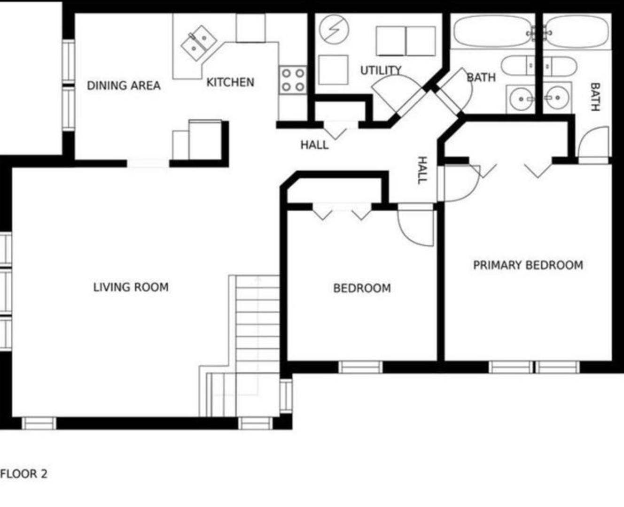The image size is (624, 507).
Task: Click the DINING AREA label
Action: (x=124, y=85)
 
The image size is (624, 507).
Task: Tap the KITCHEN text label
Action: (x=230, y=82)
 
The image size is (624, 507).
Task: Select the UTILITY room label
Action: (x=381, y=70)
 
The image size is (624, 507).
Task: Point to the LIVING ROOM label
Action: (x=131, y=287)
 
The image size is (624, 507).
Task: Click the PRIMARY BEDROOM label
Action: (x=528, y=265)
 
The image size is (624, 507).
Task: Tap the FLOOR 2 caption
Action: (x=24, y=474)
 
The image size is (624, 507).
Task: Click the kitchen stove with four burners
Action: (x=293, y=80)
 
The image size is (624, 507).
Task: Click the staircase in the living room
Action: (x=257, y=324)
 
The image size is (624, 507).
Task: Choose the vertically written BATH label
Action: (x=594, y=97)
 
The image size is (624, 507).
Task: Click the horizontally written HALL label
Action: (x=314, y=145)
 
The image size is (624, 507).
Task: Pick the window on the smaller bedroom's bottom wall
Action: (x=360, y=367)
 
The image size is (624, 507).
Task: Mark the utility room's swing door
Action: (x=394, y=94)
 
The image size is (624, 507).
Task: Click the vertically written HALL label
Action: (x=422, y=170)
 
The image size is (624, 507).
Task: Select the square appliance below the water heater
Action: (x=333, y=70)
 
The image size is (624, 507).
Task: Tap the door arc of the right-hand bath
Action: (x=593, y=144)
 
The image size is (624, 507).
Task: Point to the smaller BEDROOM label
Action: (x=362, y=288)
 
